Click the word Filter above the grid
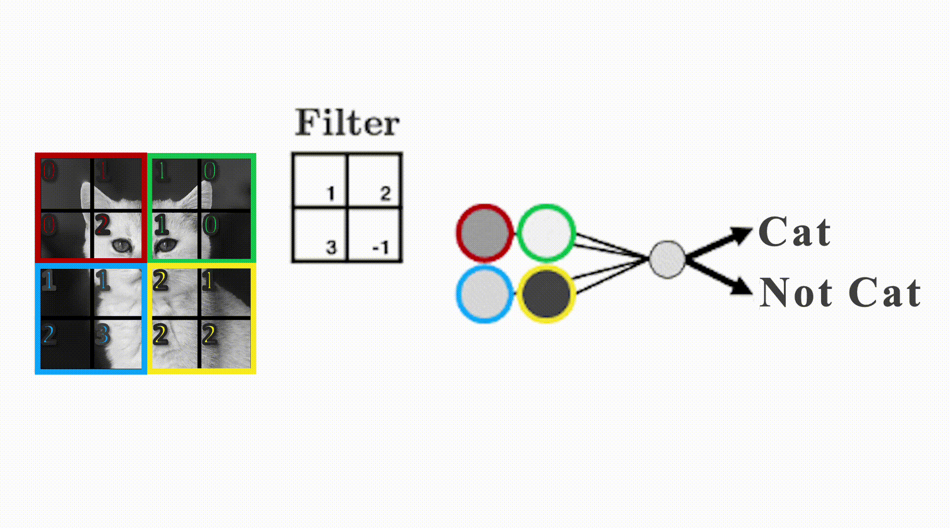(347, 123)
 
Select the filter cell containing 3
(320, 235)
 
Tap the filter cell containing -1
(375, 235)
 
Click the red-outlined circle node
(484, 233)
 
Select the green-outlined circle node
(546, 233)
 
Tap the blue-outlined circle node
(484, 294)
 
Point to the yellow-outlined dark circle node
(546, 294)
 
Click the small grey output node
(667, 259)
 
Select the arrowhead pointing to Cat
(741, 235)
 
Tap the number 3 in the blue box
(102, 335)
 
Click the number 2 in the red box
(102, 225)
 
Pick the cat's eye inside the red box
(121, 245)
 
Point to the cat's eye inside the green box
(166, 245)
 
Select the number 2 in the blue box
(48, 335)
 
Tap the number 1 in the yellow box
(209, 281)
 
